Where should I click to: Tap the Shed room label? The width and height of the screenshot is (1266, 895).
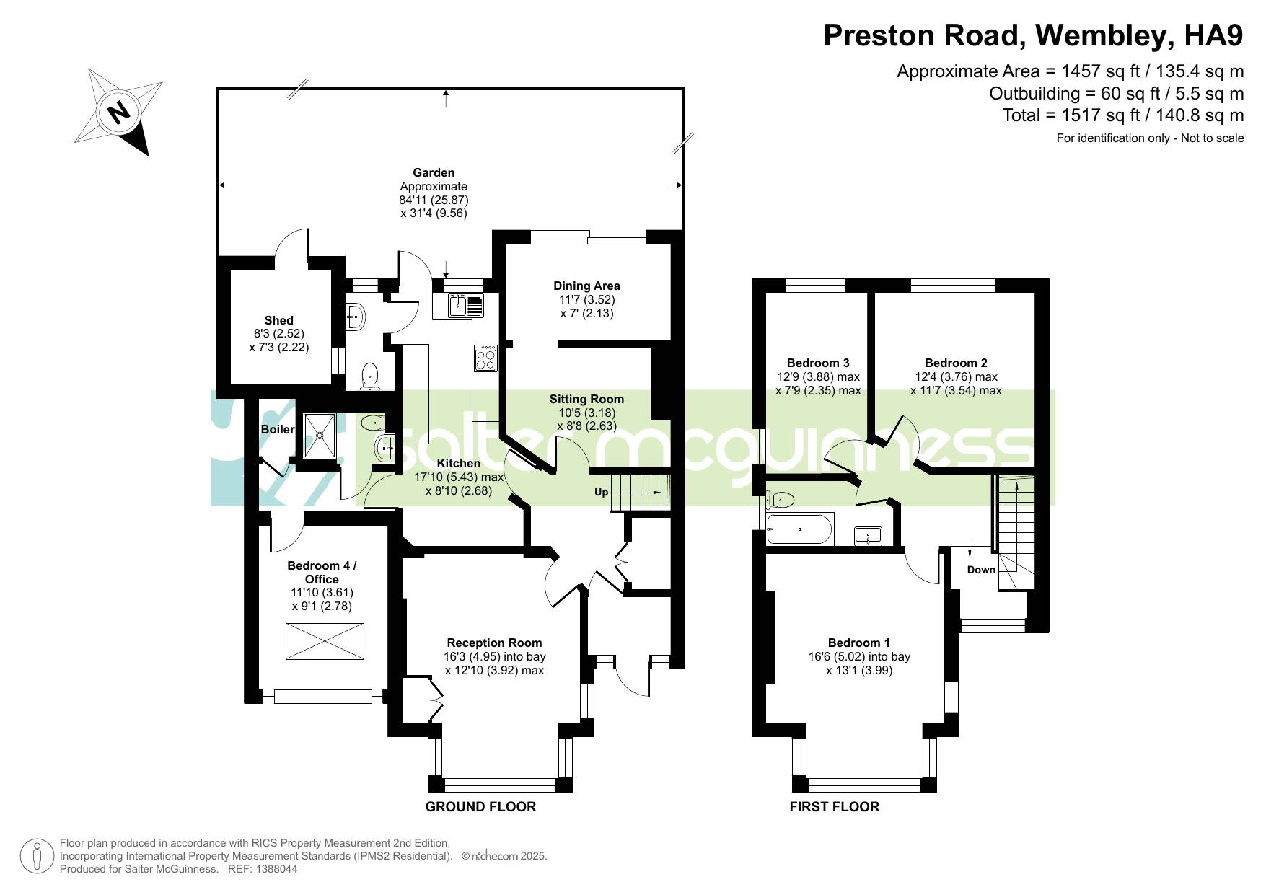coord(278,320)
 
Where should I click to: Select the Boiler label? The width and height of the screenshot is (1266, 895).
coord(278,429)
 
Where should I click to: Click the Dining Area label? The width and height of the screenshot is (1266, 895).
coord(586,286)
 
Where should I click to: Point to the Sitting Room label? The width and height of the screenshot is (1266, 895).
coord(586,399)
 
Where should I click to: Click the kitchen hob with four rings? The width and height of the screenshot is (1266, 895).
coord(485,358)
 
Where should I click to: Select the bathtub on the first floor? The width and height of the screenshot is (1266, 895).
coord(800,530)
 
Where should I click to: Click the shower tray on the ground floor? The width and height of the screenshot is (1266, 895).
coord(320,436)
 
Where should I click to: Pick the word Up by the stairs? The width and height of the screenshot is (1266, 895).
coord(601,493)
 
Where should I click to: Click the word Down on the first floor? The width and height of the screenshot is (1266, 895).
coord(981,570)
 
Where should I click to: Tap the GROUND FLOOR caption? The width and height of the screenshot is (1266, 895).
coord(480,807)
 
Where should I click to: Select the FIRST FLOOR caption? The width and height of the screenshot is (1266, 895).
coord(834,807)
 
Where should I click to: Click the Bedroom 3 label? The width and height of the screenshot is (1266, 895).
coord(818,363)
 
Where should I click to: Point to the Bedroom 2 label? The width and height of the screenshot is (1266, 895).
coord(956,363)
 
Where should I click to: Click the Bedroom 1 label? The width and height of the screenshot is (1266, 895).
coord(858,643)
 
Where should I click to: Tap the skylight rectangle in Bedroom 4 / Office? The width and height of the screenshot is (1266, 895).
coord(325,641)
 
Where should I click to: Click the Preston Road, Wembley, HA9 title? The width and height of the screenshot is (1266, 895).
coord(1033,35)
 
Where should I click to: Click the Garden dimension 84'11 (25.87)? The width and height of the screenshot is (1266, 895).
coord(434,200)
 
